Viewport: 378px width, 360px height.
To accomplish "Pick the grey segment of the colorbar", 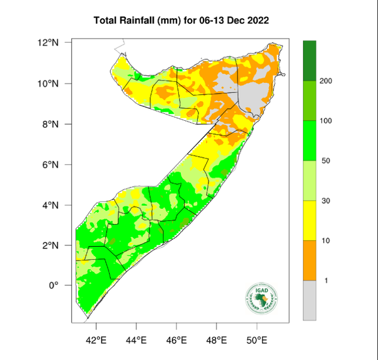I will pos(309,300).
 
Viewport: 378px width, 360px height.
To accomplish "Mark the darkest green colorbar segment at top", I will pos(309,61).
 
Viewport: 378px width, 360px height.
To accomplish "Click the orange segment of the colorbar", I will pos(309,261).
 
